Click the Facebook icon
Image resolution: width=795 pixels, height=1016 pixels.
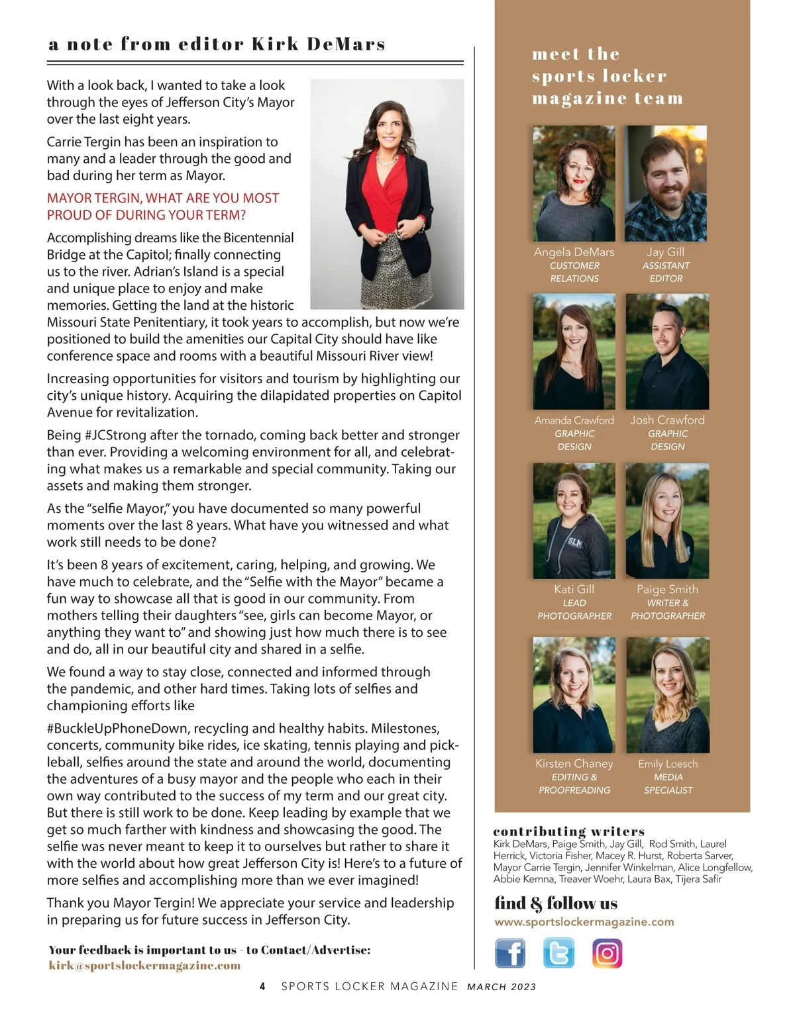pyautogui.click(x=510, y=953)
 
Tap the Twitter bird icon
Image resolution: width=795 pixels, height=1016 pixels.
pyautogui.click(x=558, y=953)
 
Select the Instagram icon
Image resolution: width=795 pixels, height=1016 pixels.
pyautogui.click(x=607, y=953)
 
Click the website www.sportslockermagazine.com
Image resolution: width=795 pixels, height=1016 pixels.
pyautogui.click(x=584, y=921)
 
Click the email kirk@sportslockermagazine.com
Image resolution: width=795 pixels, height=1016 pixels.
pyautogui.click(x=144, y=965)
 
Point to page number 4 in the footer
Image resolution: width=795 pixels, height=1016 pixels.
pyautogui.click(x=262, y=986)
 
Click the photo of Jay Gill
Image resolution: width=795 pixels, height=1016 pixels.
pyautogui.click(x=666, y=183)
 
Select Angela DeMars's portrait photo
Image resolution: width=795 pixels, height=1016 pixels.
pyautogui.click(x=574, y=183)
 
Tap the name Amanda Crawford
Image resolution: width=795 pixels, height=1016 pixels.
pyautogui.click(x=574, y=420)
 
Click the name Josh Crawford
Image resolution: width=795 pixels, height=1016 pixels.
pyautogui.click(x=667, y=420)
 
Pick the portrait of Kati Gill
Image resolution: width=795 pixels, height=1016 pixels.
pyautogui.click(x=574, y=521)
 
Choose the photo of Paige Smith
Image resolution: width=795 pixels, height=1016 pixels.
pyautogui.click(x=667, y=521)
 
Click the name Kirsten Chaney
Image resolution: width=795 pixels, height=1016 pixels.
pyautogui.click(x=574, y=764)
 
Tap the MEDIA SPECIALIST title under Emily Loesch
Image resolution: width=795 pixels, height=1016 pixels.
pyautogui.click(x=668, y=784)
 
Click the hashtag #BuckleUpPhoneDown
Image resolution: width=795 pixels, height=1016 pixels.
pyautogui.click(x=117, y=729)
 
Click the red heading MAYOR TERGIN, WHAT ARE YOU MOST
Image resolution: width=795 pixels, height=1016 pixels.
pyautogui.click(x=163, y=198)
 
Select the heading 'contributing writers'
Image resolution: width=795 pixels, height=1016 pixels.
pyautogui.click(x=569, y=831)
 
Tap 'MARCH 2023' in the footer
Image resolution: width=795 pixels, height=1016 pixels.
pyautogui.click(x=502, y=987)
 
